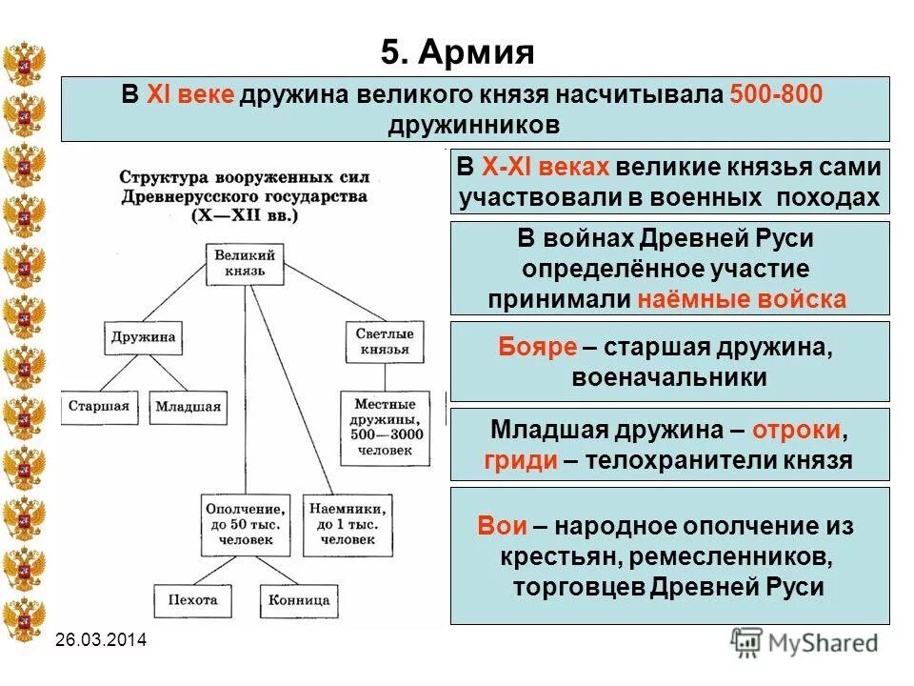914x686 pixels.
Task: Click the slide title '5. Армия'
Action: [x=457, y=50]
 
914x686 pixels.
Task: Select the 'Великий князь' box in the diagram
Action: [x=246, y=263]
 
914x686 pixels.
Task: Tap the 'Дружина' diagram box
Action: [x=142, y=336]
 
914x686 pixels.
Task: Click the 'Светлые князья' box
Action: [x=383, y=341]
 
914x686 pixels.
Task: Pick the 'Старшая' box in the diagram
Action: [x=98, y=406]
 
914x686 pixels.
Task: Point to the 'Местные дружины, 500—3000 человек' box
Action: [x=383, y=425]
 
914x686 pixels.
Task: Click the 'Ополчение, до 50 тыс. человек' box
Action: [x=245, y=523]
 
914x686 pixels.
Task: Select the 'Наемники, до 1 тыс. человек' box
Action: [x=347, y=523]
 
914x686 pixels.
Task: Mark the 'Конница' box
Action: [x=298, y=600]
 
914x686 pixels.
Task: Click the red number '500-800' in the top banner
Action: [x=776, y=95]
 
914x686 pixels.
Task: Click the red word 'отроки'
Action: [x=797, y=430]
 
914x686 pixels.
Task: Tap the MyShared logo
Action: [x=805, y=641]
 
